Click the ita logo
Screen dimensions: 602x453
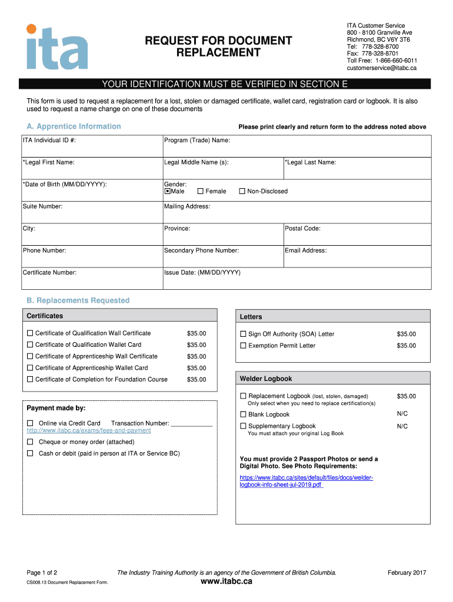click(56, 46)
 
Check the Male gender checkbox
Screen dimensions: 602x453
click(167, 191)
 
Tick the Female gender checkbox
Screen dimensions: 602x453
click(201, 191)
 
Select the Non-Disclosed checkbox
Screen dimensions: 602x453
click(242, 191)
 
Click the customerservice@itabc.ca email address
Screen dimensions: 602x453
click(381, 68)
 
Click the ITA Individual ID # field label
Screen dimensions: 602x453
click(49, 141)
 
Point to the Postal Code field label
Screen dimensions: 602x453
click(302, 229)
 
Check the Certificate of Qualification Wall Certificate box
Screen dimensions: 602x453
click(30, 333)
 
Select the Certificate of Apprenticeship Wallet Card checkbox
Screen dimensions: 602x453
click(30, 368)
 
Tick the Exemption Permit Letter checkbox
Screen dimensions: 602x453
click(243, 346)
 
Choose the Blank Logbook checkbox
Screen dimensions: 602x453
click(243, 414)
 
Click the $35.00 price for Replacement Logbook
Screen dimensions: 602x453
click(406, 396)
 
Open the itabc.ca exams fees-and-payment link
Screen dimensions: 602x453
click(89, 430)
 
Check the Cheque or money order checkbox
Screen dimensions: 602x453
click(30, 442)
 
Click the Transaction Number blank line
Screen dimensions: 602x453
click(191, 423)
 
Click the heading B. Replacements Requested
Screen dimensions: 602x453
click(78, 300)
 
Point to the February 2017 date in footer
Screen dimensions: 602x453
click(407, 573)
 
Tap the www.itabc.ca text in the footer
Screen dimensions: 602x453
click(226, 581)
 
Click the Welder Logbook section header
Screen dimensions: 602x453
click(266, 379)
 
